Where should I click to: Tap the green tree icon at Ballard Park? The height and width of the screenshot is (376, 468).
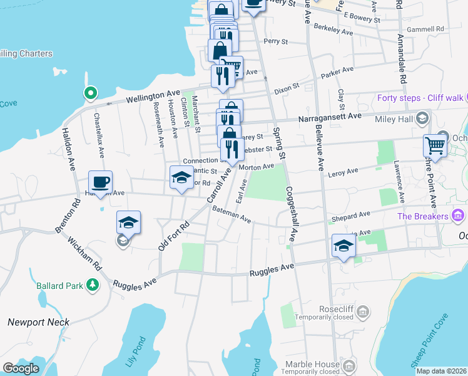click(x=93, y=286)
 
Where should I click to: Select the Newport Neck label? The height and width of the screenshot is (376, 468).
click(x=38, y=322)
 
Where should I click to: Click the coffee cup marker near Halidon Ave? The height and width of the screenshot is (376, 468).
click(x=100, y=182)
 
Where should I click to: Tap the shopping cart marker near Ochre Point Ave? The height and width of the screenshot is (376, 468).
click(x=435, y=145)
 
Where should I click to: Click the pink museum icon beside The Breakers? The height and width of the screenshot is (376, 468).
click(x=458, y=216)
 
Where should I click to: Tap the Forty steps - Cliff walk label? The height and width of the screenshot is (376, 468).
click(x=420, y=98)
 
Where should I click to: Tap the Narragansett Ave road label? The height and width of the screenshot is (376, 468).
click(x=329, y=117)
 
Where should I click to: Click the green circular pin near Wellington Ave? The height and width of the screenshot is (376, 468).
click(x=91, y=95)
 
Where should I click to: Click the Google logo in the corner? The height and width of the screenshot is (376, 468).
click(x=21, y=368)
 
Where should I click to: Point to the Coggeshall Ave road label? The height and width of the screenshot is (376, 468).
click(x=291, y=214)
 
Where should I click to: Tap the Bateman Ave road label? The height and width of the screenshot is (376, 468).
click(x=231, y=215)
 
